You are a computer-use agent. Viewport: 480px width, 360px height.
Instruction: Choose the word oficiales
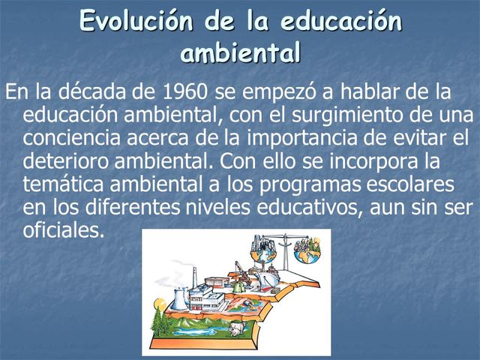(64, 230)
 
